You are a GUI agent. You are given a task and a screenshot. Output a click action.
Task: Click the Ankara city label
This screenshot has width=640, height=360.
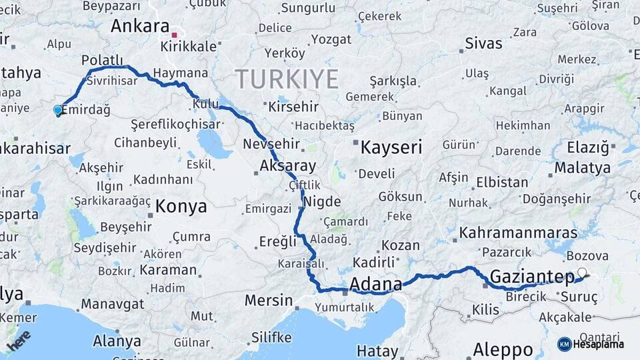coord(140,26)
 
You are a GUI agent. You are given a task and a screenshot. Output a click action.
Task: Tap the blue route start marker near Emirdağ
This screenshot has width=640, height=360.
coord(57,110)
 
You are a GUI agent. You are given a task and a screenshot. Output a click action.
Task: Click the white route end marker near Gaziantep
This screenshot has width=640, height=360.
coord(583,273)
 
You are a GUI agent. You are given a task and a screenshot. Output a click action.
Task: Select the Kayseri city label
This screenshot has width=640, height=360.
coord(391,147)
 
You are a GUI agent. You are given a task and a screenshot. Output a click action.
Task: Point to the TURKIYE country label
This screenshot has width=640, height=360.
coord(286,79)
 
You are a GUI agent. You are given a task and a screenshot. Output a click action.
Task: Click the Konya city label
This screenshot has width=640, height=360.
coord(181,207)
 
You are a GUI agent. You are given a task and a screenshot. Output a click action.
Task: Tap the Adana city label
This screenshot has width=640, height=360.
coord(375,283)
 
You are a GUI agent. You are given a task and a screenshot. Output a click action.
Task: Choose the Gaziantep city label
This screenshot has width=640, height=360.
coord(532,277)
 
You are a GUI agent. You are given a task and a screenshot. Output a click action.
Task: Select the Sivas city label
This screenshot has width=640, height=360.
coord(484,44)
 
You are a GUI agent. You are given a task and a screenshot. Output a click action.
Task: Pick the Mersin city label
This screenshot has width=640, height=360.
coord(268,300)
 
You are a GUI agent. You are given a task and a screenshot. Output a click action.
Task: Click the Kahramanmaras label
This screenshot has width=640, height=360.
coord(518,233)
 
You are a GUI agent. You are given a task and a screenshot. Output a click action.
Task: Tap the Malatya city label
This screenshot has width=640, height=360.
coord(582,167)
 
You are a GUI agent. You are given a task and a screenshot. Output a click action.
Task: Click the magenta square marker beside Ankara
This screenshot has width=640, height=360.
coord(175,35)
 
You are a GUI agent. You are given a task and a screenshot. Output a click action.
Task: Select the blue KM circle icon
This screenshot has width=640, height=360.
coord(564,344)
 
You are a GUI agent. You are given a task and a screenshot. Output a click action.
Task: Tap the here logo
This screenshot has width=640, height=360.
coord(19,340)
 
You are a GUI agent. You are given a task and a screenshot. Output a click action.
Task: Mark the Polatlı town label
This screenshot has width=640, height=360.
coord(103,60)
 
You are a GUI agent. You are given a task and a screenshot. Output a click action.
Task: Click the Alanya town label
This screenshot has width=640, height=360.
coord(117,341)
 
